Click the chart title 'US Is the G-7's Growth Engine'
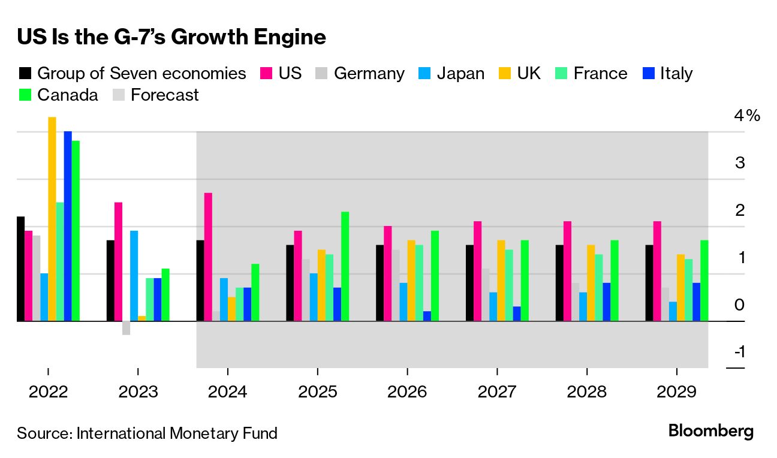[x=171, y=37]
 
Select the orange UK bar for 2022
[x=52, y=219]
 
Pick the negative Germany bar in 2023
[x=126, y=328]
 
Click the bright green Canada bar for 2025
[x=345, y=266]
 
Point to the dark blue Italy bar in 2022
[x=68, y=226]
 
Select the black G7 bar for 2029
[x=649, y=283]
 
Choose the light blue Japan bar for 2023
[x=134, y=276]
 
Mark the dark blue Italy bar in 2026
[x=427, y=316]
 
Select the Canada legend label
[x=67, y=95]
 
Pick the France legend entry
[x=600, y=74]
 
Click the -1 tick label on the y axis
[x=739, y=352]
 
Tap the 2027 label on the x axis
[x=497, y=392]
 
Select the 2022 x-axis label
[x=48, y=392]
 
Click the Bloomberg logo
[x=711, y=431]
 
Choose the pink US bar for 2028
[x=567, y=271]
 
